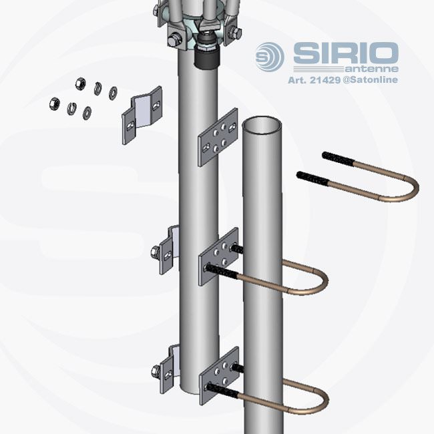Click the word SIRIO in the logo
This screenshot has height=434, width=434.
point(346,53)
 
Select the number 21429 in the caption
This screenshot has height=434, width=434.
point(325,80)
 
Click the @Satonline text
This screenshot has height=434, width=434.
point(371,80)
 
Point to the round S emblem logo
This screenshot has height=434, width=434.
point(269,57)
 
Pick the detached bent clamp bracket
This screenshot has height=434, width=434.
point(142,116)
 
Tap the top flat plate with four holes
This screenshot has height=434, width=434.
point(218,138)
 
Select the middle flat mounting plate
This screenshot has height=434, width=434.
point(218,256)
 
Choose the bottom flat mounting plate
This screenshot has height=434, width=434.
point(219,376)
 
